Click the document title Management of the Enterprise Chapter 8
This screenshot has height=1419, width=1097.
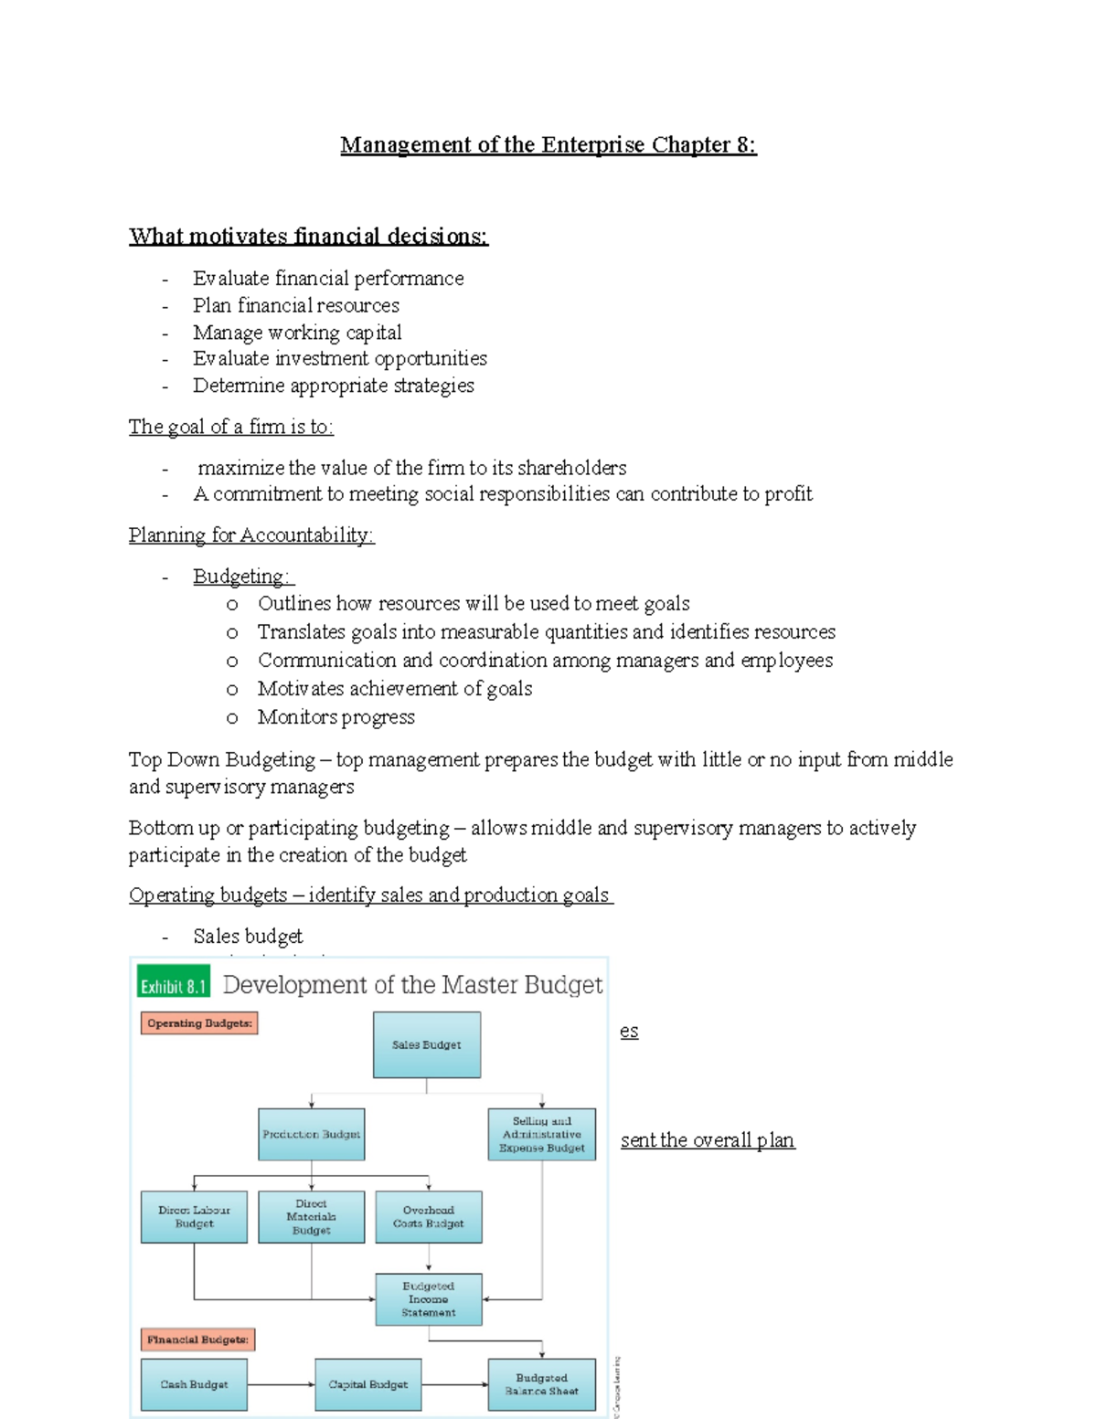(548, 144)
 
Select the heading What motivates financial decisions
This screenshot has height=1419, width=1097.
(308, 236)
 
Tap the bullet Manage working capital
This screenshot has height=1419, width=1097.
(297, 332)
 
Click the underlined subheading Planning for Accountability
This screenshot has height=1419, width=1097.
(251, 535)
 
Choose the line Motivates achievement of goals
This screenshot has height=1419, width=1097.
(394, 688)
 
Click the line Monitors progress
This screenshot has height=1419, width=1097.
(335, 717)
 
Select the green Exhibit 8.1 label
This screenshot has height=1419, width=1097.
(173, 986)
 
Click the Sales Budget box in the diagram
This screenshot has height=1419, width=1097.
(426, 1044)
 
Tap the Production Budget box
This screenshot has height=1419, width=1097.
(311, 1134)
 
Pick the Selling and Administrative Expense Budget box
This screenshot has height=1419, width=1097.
(541, 1134)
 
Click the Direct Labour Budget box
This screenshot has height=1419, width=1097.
(194, 1216)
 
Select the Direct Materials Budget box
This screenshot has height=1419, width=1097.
(311, 1216)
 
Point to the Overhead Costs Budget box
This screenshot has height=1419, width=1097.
(428, 1216)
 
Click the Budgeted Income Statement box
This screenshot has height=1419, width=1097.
(428, 1298)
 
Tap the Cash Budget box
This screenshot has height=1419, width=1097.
(194, 1384)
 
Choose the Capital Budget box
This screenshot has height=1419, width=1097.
(367, 1384)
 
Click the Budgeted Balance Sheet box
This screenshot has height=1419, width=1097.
(541, 1384)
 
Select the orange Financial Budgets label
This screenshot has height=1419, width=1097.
(197, 1340)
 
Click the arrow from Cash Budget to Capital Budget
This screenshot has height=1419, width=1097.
(281, 1384)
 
